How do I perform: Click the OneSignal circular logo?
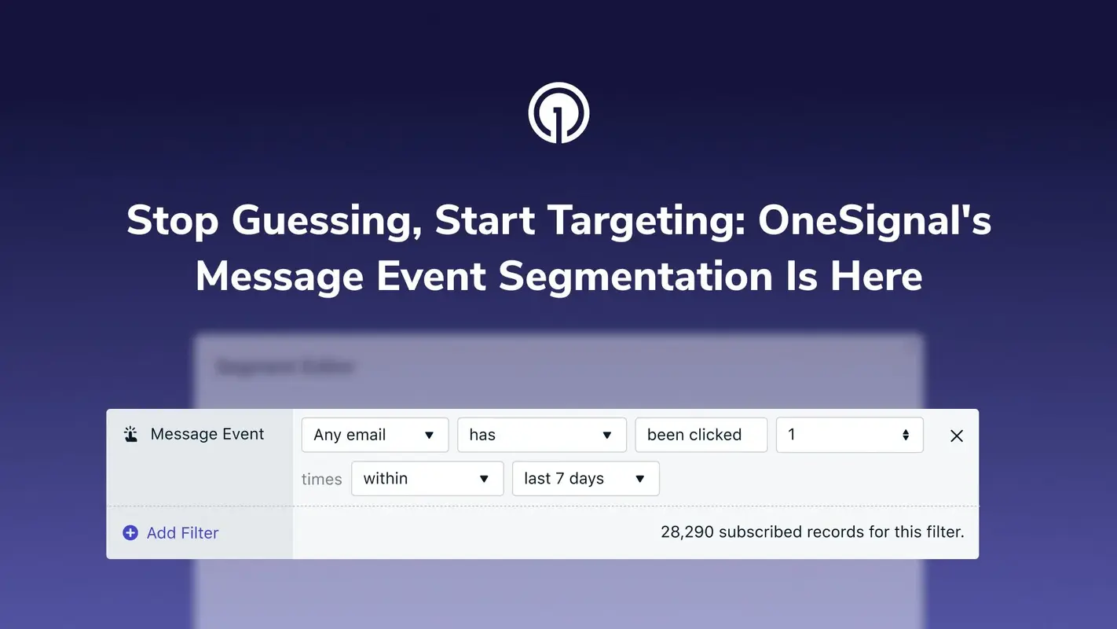(558, 113)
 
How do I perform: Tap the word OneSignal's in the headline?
(874, 220)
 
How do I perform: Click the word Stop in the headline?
(173, 220)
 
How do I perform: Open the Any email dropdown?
(375, 435)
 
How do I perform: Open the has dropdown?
(541, 435)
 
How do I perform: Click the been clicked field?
(701, 435)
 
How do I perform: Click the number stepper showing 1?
(849, 435)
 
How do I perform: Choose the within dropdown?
(427, 478)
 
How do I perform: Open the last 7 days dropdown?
(585, 478)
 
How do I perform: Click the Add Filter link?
(182, 533)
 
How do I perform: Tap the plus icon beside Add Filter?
(130, 533)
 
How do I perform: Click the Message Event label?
(207, 434)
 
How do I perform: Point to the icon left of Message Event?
(131, 434)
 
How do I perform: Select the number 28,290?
(687, 532)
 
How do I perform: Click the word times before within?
(322, 479)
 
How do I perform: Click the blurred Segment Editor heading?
(285, 366)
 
